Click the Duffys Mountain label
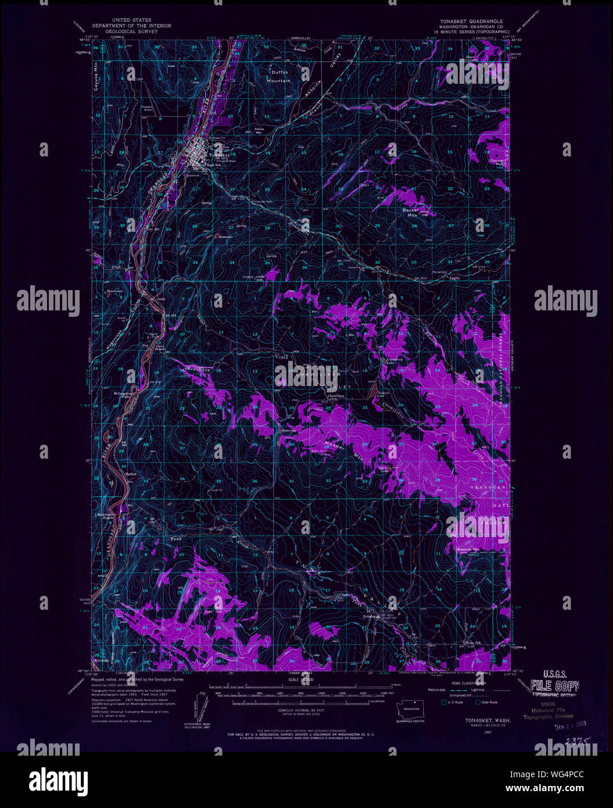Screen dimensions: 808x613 point(278,76)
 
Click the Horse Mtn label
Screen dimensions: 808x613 point(259,130)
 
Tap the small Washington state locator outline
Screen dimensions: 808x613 point(411,709)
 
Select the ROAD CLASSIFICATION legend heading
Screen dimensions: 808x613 point(463,684)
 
